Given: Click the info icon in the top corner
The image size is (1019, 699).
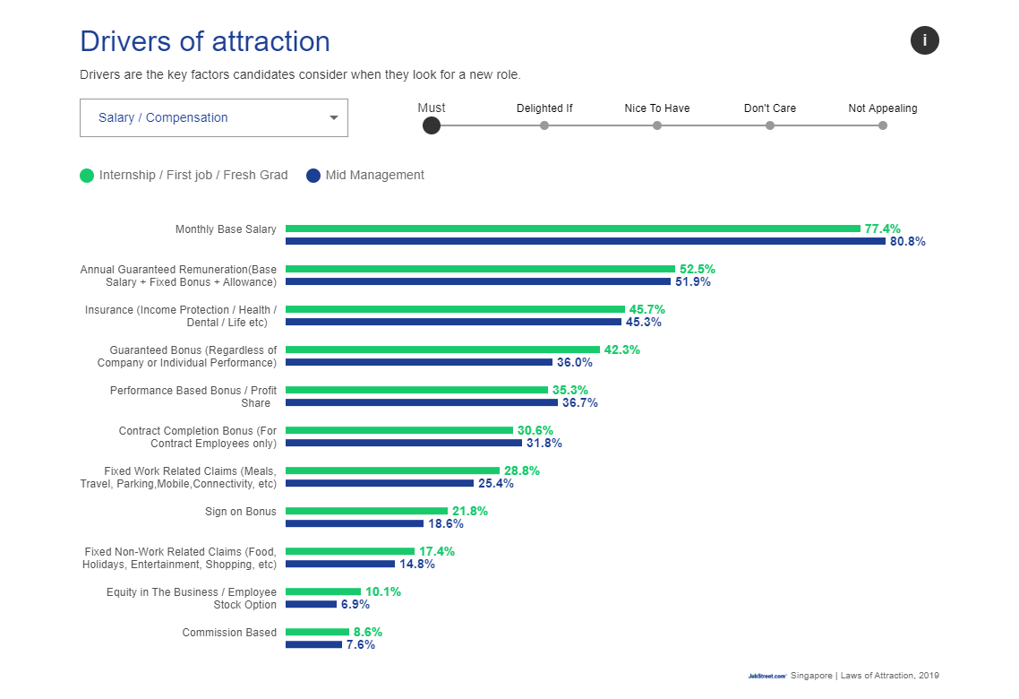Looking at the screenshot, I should click(x=925, y=40).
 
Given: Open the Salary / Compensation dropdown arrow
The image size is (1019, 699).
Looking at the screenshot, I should click(x=334, y=117).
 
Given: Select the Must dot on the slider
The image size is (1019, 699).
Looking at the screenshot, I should click(x=432, y=125).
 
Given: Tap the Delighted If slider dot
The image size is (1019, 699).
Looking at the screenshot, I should click(x=544, y=125).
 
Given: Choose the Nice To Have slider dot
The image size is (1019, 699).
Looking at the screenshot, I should click(x=657, y=125).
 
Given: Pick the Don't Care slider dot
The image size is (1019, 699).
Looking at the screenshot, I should click(x=770, y=125).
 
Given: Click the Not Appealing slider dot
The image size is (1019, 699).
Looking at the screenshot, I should click(x=883, y=125).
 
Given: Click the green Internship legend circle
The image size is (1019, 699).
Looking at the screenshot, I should click(x=87, y=176).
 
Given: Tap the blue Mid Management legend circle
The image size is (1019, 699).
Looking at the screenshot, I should click(x=313, y=176).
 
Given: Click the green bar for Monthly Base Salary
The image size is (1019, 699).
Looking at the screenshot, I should click(x=573, y=229).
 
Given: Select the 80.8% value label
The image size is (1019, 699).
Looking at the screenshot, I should click(x=907, y=241).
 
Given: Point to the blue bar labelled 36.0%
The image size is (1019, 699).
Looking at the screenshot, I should click(x=419, y=362).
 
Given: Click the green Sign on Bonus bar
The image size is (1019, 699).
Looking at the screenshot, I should click(x=366, y=511).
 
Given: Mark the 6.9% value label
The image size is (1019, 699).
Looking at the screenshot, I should click(x=355, y=604).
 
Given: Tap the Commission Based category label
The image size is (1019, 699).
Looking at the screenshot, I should click(x=229, y=633).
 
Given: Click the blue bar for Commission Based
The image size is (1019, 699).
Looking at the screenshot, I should click(x=313, y=644).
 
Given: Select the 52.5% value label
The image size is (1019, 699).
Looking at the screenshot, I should click(x=697, y=269).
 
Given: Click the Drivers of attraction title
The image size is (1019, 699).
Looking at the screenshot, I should click(x=205, y=41).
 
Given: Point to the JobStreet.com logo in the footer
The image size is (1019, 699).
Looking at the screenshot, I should click(x=767, y=676).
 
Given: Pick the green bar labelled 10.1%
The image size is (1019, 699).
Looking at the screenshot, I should click(x=323, y=591).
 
